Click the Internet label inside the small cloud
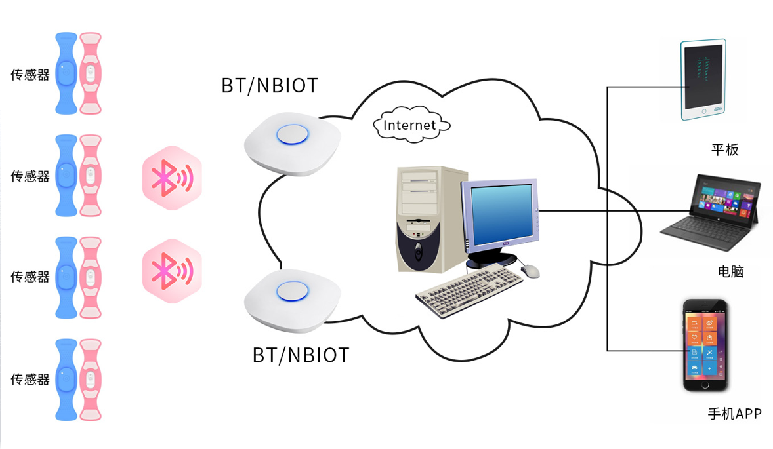[x=409, y=125]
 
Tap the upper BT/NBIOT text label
[x=269, y=85]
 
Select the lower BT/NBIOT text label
[x=301, y=355]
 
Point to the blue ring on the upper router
[x=292, y=134]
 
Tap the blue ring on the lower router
[x=292, y=292]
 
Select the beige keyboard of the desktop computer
[x=469, y=292]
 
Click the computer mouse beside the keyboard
[x=530, y=270]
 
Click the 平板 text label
[x=725, y=150]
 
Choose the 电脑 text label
[x=731, y=271]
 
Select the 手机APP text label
[x=734, y=414]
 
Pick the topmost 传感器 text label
[x=30, y=75]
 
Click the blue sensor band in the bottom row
[x=66, y=380]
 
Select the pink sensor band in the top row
[x=91, y=73]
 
